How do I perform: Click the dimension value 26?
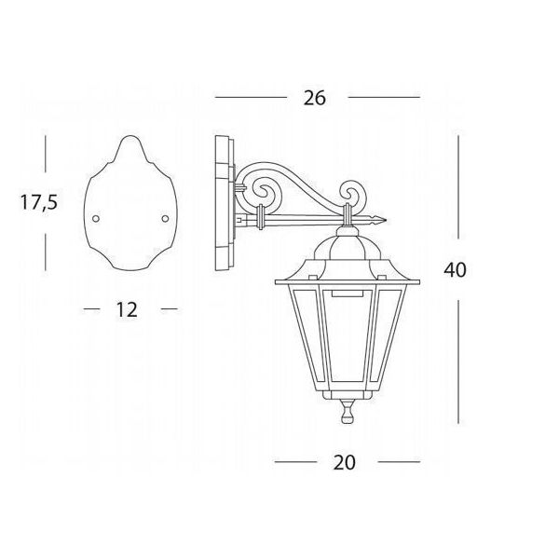pyautogui.click(x=315, y=98)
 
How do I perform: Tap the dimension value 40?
pyautogui.click(x=455, y=269)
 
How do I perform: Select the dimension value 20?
pyautogui.click(x=345, y=462)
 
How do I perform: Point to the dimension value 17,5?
pyautogui.click(x=38, y=203)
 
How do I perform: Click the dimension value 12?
pyautogui.click(x=127, y=310)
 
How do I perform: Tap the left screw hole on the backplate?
pyautogui.click(x=96, y=219)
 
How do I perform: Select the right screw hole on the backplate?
pyautogui.click(x=165, y=218)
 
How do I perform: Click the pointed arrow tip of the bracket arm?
pyautogui.click(x=386, y=221)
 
